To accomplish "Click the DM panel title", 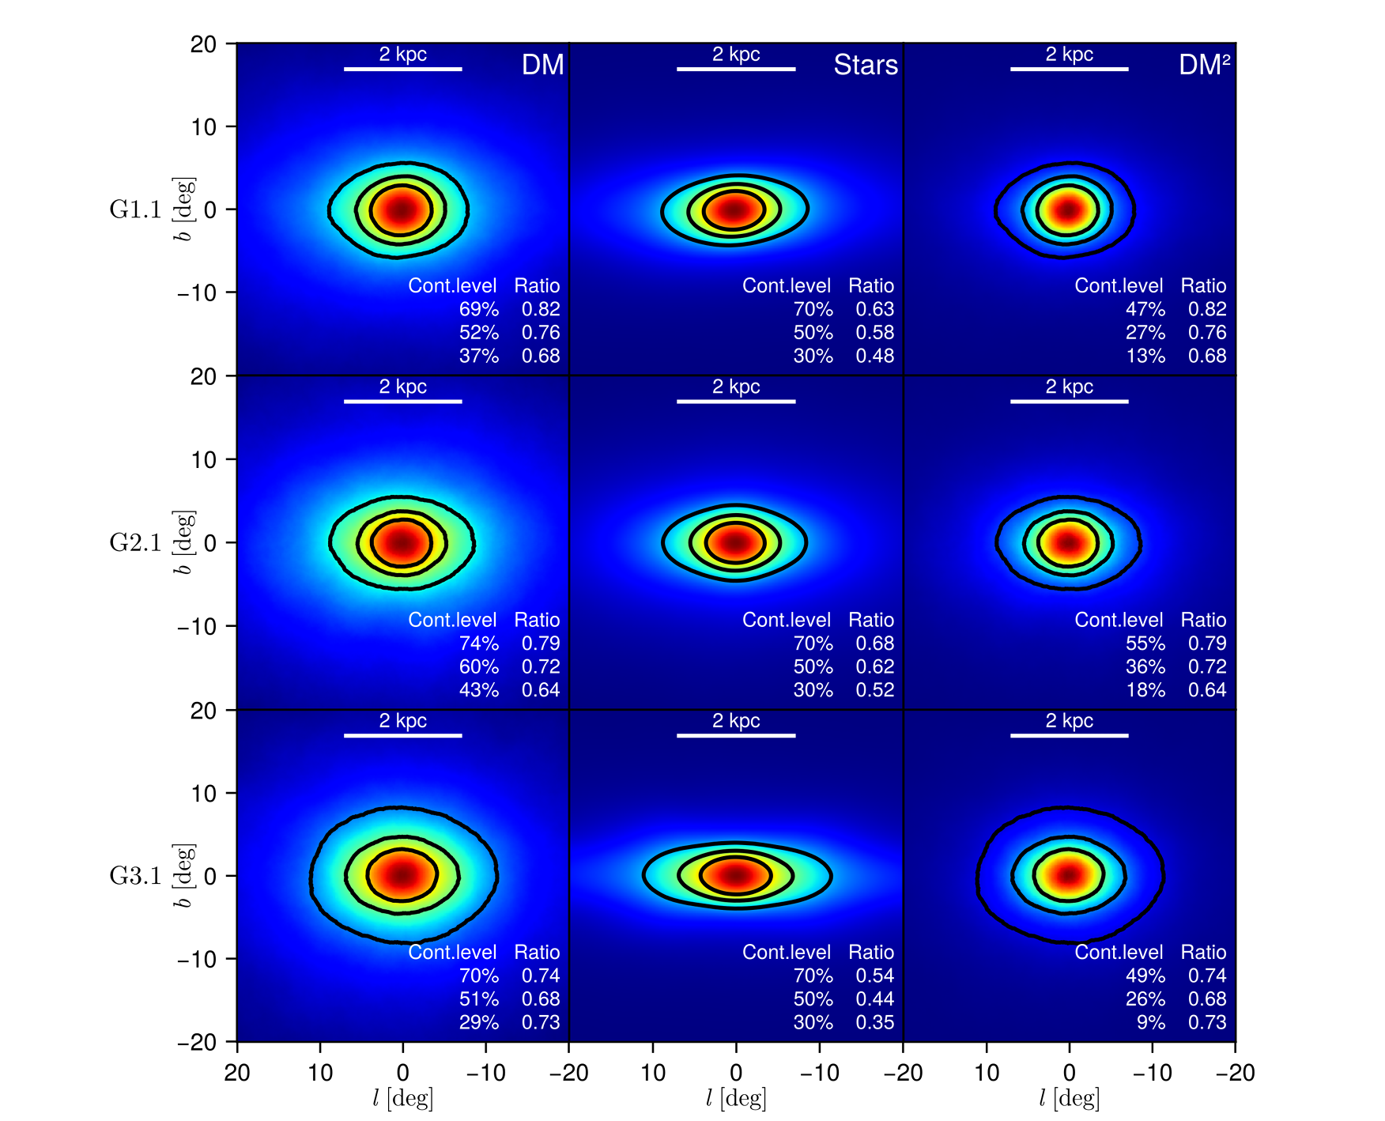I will coord(542,65).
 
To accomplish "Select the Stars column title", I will coord(865,65).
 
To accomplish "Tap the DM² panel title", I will coord(1203,65).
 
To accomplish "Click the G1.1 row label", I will coord(135,209).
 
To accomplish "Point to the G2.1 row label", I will coord(135,543).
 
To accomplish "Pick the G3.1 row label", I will coord(135,876).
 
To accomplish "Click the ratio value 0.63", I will coord(874,309).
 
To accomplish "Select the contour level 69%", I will coord(478,309).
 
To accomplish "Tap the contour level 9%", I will coord(1150,1022).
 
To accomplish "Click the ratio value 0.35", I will coord(874,1022).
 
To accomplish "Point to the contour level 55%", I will coord(1145,644).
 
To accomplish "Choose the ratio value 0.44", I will coord(874,999).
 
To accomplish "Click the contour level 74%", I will coord(478,644).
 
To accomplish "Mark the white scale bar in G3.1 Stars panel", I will coord(735,735).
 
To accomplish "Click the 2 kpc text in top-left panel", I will coord(402,54).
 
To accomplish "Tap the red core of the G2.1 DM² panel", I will coord(1069,543).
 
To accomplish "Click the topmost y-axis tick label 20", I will coord(203,44).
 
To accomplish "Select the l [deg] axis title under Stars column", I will coord(735,1098).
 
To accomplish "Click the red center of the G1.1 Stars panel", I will coord(735,209).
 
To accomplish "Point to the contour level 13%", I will coord(1145,356).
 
